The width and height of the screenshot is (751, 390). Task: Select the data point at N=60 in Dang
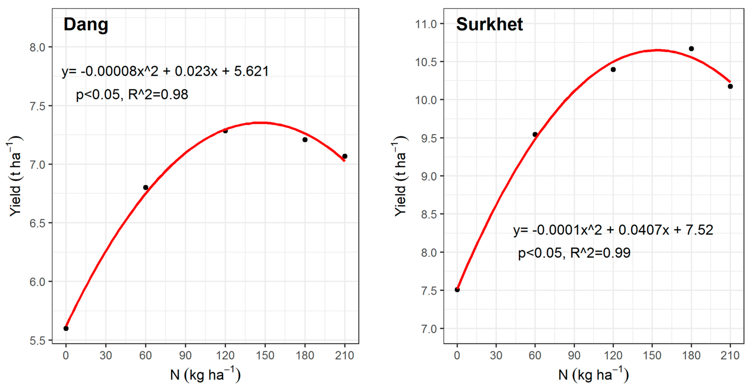145,187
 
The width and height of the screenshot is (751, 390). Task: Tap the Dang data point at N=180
305,139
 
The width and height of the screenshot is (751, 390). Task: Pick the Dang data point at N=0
66,328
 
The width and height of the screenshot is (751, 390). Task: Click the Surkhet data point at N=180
691,49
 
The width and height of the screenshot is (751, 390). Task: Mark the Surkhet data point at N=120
613,69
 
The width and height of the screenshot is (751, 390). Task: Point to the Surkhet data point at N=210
730,86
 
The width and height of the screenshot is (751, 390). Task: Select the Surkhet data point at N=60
535,134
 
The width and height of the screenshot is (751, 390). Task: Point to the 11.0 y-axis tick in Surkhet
426,24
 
